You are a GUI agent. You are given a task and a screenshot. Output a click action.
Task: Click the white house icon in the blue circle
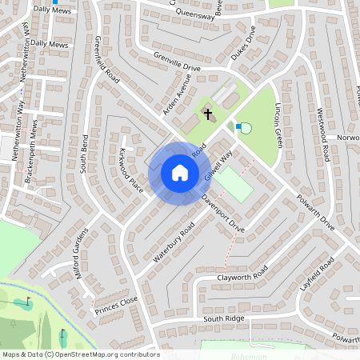(180, 173)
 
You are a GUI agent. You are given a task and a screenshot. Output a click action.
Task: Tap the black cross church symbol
(208, 114)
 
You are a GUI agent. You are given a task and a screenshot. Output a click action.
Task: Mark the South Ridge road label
(223, 318)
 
